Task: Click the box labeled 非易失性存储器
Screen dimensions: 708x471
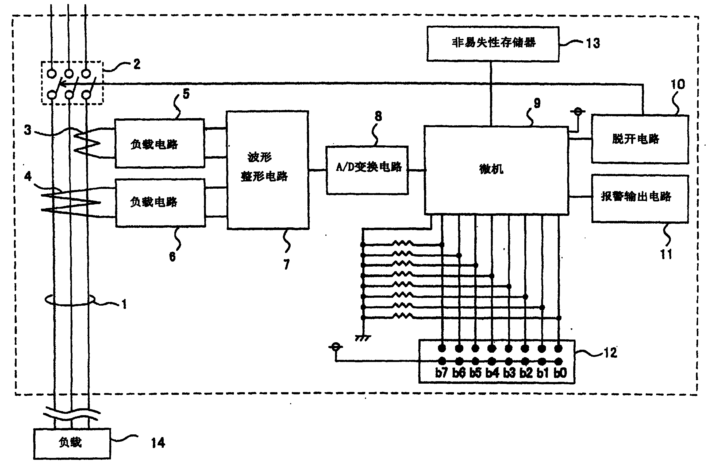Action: (493, 44)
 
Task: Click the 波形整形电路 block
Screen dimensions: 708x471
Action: (268, 170)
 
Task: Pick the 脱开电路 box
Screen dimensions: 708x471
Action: (640, 139)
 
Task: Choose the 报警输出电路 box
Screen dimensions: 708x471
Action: (640, 198)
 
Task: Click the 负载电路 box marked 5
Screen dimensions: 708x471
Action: (160, 143)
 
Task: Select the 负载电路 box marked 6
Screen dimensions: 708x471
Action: (160, 203)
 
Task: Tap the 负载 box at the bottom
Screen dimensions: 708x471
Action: (72, 444)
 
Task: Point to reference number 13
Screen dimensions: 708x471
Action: (593, 43)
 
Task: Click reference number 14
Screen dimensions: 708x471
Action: (158, 443)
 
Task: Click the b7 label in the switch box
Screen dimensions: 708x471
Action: (441, 373)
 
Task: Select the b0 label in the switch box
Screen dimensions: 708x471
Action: (560, 373)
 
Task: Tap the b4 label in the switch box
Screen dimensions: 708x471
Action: (492, 373)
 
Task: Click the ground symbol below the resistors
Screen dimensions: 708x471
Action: (363, 338)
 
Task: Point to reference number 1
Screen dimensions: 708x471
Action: (124, 304)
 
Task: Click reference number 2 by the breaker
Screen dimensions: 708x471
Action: (137, 64)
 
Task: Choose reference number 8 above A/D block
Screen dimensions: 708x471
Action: (378, 116)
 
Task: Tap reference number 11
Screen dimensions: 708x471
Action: (666, 254)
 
